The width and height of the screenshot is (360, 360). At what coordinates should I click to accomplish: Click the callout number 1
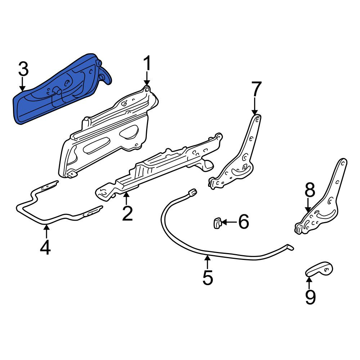pos(147,63)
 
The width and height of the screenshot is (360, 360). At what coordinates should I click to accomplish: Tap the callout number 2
pos(128,213)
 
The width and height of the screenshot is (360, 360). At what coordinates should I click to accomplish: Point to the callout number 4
pos(45,247)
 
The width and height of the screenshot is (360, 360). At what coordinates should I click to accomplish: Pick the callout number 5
pos(208,277)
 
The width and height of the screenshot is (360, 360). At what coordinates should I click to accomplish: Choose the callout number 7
pos(256,89)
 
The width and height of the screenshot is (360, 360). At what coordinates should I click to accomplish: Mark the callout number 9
pos(310,297)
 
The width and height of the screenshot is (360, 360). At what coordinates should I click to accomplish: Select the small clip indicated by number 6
pos(217,223)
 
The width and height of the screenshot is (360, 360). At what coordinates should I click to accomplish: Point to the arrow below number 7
pos(255,105)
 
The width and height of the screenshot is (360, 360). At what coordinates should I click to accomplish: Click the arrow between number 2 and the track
pos(126,199)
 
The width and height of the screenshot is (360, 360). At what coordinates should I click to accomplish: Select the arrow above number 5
pos(207,262)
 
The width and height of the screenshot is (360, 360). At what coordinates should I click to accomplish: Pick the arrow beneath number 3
pos(22,84)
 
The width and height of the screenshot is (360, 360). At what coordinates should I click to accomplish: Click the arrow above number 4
pos(46,231)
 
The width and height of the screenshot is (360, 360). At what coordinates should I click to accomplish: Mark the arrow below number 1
pos(147,78)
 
